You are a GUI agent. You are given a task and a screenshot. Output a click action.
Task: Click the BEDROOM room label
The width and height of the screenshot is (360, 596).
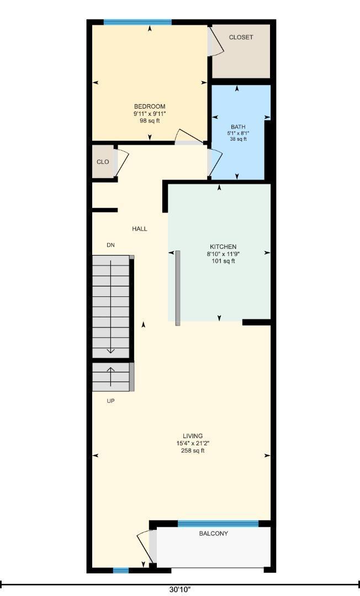click(150, 107)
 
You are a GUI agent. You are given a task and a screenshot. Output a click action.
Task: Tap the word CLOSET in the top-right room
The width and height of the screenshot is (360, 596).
click(241, 38)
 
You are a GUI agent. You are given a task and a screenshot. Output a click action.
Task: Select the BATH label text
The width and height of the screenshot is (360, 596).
click(238, 127)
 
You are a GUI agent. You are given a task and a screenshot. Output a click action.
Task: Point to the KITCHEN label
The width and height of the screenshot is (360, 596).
click(223, 247)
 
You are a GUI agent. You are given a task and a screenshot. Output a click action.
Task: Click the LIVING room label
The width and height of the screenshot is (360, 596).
click(193, 436)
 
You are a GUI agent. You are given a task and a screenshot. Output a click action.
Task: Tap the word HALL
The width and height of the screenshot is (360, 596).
click(140, 229)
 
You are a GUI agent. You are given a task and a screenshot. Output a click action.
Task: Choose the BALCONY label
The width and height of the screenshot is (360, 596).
click(214, 534)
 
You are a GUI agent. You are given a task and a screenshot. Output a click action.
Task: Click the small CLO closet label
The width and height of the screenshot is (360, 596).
click(103, 162)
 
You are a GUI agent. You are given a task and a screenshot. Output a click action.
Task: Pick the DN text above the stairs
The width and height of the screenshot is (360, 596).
click(110, 245)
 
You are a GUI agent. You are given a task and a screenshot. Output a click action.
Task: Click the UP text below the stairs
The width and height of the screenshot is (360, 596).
click(110, 401)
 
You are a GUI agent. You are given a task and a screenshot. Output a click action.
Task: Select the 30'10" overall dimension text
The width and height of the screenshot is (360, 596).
click(180, 589)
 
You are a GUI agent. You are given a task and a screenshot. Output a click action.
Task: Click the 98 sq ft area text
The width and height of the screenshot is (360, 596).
click(150, 121)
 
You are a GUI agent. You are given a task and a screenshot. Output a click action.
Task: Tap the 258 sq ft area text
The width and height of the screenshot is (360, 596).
click(193, 451)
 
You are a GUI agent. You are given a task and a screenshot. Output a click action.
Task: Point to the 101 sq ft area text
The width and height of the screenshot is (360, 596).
click(223, 261)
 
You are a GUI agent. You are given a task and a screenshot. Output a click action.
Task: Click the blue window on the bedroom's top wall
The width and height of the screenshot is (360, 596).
click(137, 22)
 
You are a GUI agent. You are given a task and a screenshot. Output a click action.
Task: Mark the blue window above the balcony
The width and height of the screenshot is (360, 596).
click(218, 524)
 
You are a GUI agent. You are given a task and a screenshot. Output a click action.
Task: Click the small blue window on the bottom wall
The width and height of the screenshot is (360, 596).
click(121, 570)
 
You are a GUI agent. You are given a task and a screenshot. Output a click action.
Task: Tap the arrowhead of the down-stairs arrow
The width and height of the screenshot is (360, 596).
click(110, 351)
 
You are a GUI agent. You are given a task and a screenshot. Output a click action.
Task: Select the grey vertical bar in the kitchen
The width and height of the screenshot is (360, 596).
click(178, 288)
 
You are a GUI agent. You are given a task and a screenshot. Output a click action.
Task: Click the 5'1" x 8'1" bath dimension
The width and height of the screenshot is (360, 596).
click(238, 134)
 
